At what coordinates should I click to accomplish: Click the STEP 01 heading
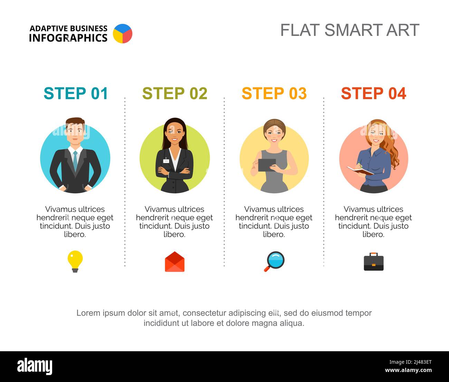pyautogui.click(x=76, y=93)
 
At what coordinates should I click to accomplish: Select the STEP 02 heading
pyautogui.click(x=175, y=93)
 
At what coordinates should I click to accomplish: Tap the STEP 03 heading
pyautogui.click(x=274, y=93)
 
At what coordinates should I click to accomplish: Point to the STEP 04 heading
pyautogui.click(x=373, y=93)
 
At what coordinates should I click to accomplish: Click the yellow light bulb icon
pyautogui.click(x=75, y=261)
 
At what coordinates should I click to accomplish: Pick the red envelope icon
pyautogui.click(x=174, y=262)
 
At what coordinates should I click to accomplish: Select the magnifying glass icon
pyautogui.click(x=275, y=261)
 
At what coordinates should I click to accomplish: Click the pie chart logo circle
pyautogui.click(x=123, y=34)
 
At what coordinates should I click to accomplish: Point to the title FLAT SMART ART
pyautogui.click(x=350, y=30)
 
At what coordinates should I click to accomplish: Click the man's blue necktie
pyautogui.click(x=75, y=160)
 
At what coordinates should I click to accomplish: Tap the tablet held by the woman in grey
pyautogui.click(x=267, y=165)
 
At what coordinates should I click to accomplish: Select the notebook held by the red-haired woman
pyautogui.click(x=360, y=170)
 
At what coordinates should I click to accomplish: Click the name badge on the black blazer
pyautogui.click(x=166, y=161)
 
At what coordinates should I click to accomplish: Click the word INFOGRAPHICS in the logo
pyautogui.click(x=68, y=38)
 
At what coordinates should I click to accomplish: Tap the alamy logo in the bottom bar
pyautogui.click(x=35, y=366)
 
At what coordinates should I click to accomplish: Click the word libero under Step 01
pyautogui.click(x=75, y=234)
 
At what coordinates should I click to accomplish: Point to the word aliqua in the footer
pyautogui.click(x=292, y=323)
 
